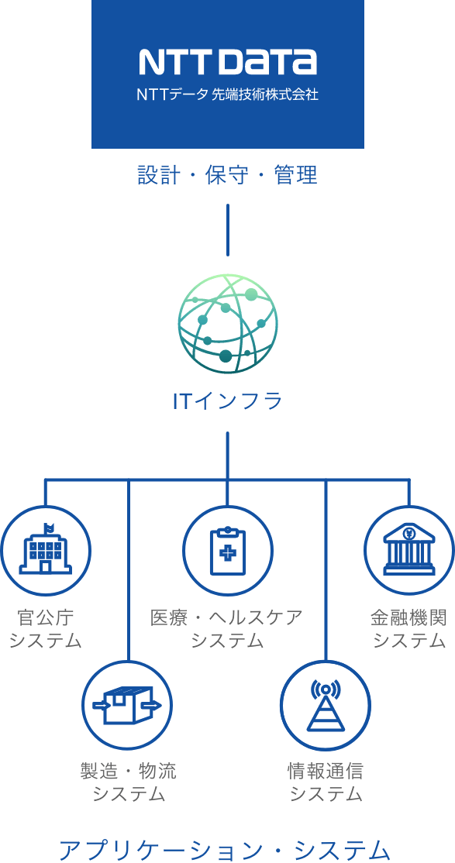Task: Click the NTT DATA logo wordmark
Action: click(228, 61)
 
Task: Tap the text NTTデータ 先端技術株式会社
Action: click(228, 95)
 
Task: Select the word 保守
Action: click(227, 176)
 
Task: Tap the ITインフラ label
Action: click(228, 401)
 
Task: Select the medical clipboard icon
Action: click(228, 551)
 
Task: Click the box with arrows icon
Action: click(128, 705)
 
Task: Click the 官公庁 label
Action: click(46, 617)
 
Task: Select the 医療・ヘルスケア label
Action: click(227, 617)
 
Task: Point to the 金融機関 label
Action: click(408, 617)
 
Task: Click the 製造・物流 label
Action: click(129, 771)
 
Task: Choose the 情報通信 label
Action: click(326, 771)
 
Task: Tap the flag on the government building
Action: click(50, 528)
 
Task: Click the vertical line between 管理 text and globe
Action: click(228, 230)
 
